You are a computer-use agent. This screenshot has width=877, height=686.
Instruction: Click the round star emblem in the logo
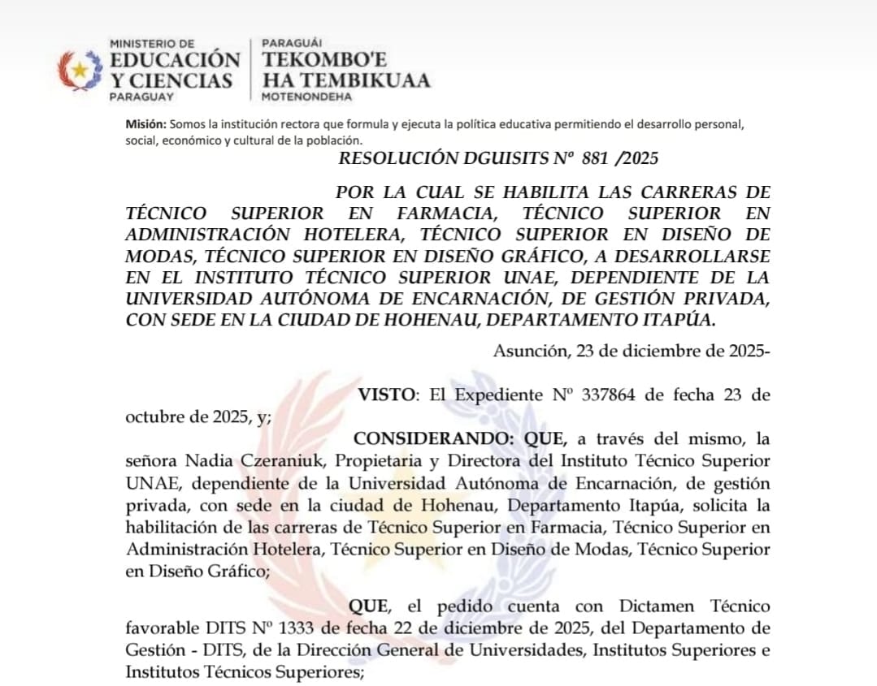click(80, 70)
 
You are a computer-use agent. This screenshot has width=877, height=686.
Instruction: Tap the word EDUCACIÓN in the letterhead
click(175, 61)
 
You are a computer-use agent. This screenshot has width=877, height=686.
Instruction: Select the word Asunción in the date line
click(532, 351)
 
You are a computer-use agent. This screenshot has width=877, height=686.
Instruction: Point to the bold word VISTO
click(387, 395)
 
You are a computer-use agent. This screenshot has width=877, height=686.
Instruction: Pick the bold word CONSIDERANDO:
click(435, 439)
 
